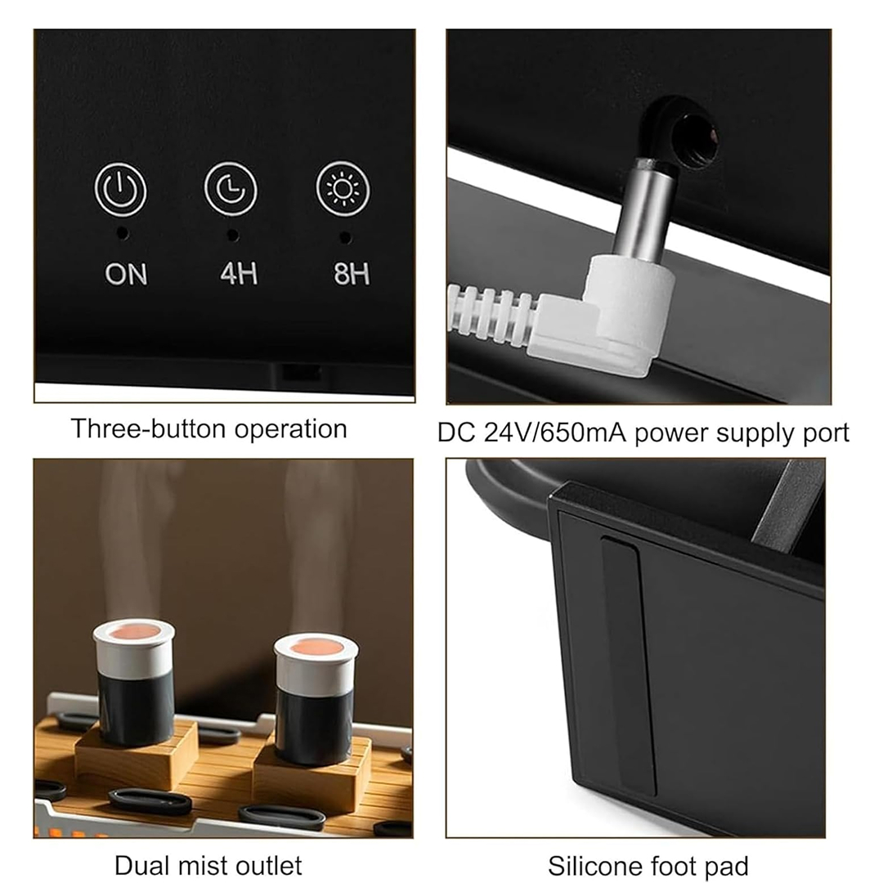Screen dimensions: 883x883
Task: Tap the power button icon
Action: click(120, 189)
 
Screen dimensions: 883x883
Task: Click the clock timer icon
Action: click(231, 189)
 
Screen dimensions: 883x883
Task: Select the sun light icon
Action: click(343, 189)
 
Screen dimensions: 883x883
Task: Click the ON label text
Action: click(126, 274)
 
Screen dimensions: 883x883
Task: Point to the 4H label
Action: click(239, 273)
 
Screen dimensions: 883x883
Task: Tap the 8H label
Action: click(352, 274)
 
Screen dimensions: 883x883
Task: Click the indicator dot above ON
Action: click(122, 233)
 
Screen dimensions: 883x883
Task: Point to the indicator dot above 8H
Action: click(345, 238)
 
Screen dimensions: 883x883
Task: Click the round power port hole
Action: click(697, 137)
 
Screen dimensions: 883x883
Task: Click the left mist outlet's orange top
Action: click(134, 632)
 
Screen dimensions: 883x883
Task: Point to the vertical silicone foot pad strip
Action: click(628, 665)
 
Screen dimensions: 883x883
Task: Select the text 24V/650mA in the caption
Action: click(554, 433)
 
